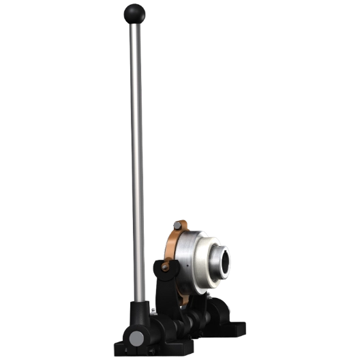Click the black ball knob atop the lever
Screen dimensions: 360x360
tap(133, 12)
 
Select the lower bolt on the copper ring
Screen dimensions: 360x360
tap(165, 267)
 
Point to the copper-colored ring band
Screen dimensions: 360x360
tap(170, 245)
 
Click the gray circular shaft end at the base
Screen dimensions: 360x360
tap(136, 339)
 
